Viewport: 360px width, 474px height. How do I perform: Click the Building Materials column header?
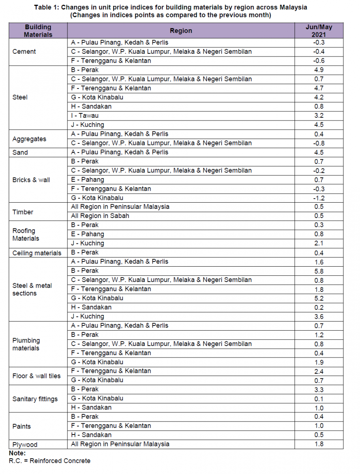coord(38,31)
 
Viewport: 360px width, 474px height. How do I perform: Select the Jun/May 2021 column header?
coord(319,31)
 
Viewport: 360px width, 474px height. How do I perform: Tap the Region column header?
coord(181,31)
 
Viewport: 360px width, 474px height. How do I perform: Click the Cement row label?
coord(24,52)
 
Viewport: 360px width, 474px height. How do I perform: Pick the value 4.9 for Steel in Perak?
coord(319,70)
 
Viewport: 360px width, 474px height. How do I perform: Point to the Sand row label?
coord(20,152)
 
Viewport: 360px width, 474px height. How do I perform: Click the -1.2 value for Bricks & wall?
coord(319,198)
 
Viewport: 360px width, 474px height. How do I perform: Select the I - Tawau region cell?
coord(85,116)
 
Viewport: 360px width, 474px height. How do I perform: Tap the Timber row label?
coord(23,212)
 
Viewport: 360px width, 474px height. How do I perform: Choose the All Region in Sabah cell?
coord(100,216)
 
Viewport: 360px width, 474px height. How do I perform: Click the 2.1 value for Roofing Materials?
coord(319,244)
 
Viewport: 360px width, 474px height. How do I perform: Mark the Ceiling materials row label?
coord(37,253)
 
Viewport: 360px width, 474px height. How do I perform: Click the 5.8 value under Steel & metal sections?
coord(319,271)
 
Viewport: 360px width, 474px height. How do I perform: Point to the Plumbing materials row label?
coord(26,344)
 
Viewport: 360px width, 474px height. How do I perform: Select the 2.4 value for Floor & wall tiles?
coord(319,372)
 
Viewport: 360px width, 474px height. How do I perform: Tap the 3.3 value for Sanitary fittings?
coord(319,390)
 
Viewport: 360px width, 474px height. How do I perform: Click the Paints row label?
coord(21,427)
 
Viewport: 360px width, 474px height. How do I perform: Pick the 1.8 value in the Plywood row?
coord(319,444)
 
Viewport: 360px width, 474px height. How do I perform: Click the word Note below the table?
coord(17,453)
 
